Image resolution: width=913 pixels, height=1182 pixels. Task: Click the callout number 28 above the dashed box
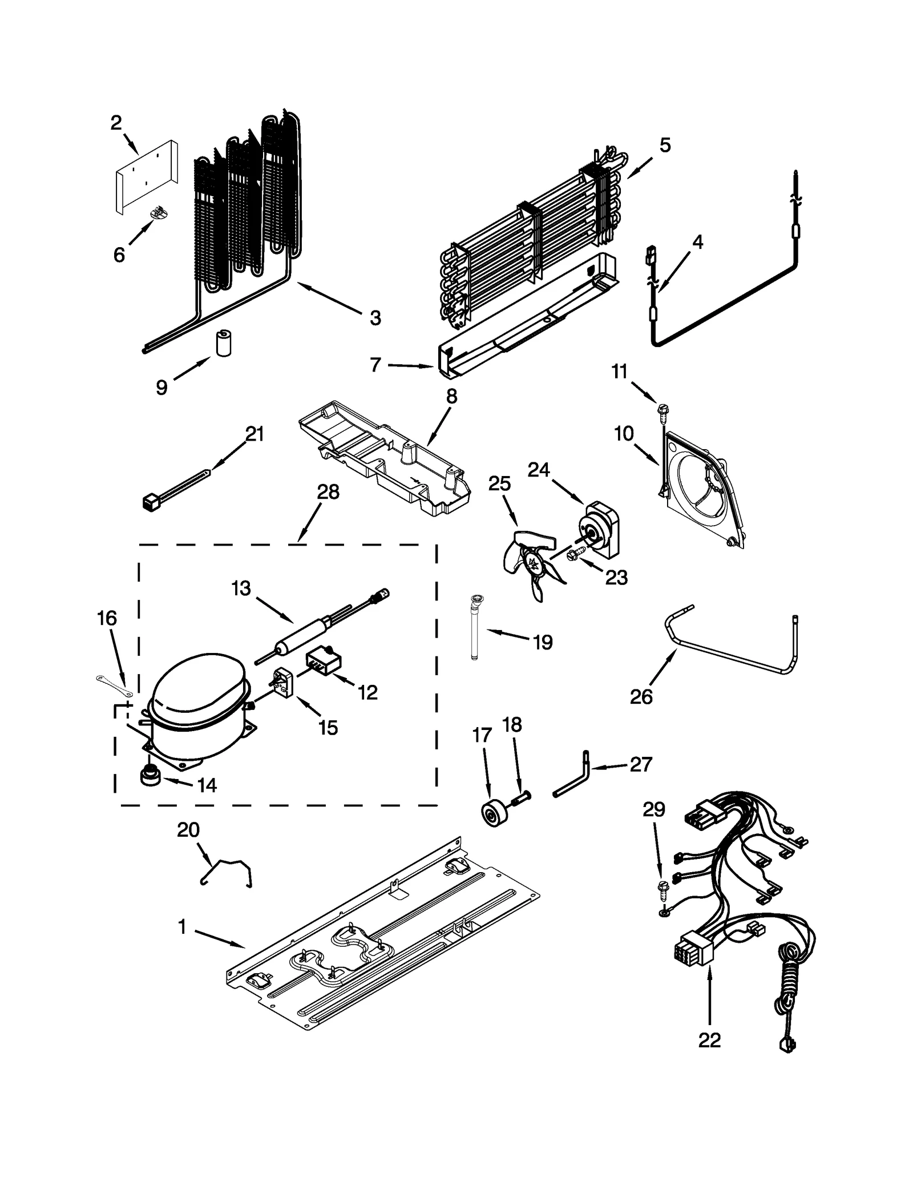tap(328, 491)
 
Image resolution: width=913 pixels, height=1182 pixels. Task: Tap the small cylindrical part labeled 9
tap(224, 343)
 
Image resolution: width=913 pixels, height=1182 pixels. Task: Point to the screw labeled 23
tap(575, 553)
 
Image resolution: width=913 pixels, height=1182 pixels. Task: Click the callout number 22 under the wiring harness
tap(709, 1040)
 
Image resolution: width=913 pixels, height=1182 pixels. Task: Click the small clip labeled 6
tap(159, 212)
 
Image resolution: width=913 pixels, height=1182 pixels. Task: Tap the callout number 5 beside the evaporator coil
tap(665, 145)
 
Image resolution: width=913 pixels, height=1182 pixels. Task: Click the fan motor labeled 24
tap(598, 528)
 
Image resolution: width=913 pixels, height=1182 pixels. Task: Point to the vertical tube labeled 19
tap(475, 628)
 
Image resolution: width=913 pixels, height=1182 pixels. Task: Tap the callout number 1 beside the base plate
tap(182, 927)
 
